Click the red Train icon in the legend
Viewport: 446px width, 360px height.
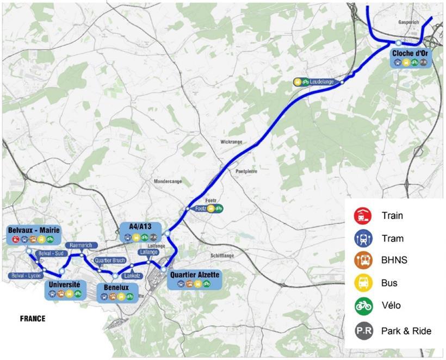[362, 216]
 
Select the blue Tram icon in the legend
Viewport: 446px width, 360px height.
[362, 238]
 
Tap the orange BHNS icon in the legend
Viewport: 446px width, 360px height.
[362, 260]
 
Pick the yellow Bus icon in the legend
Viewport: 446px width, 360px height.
[362, 283]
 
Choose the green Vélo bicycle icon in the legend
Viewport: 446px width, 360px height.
[362, 306]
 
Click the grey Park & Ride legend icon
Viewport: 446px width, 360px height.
[362, 331]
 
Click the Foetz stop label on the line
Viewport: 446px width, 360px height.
[201, 208]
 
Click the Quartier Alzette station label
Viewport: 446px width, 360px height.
[195, 275]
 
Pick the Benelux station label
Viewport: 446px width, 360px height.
[115, 288]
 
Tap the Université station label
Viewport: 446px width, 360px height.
[65, 285]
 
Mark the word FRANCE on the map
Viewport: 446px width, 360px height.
[33, 319]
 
